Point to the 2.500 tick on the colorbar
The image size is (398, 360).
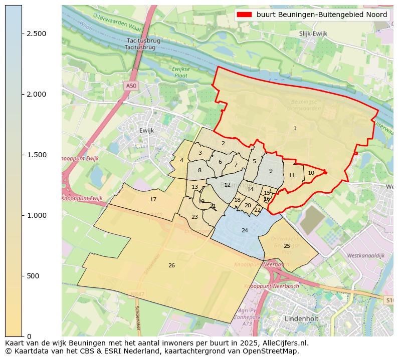click(x=22, y=34)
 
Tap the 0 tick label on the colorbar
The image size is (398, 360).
click(x=29, y=336)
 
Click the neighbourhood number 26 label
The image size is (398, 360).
click(x=171, y=265)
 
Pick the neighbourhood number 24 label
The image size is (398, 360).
click(x=245, y=230)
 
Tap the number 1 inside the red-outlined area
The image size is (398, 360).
click(x=295, y=129)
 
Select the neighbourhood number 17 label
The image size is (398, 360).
click(x=153, y=200)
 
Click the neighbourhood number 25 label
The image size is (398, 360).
click(x=287, y=246)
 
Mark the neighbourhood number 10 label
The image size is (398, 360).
click(x=311, y=173)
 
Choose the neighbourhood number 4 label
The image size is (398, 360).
click(x=181, y=161)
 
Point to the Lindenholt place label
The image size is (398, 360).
click(x=302, y=318)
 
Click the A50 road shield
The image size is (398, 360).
click(x=131, y=86)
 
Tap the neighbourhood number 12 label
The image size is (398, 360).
click(x=228, y=185)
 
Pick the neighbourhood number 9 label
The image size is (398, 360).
click(x=271, y=171)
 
